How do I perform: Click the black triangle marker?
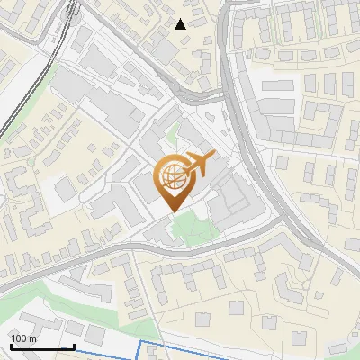point(181,24)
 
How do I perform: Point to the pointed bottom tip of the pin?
point(175,211)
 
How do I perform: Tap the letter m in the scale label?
point(32,338)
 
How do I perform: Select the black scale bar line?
point(42,346)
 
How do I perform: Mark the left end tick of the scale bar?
point(11,345)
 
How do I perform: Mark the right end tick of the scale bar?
point(74,345)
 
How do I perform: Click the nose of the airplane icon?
point(213,157)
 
